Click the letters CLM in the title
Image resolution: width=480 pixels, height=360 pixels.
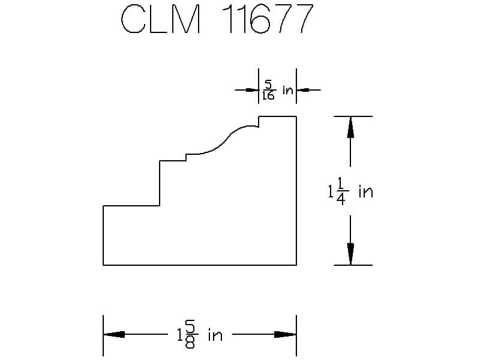coord(161,19)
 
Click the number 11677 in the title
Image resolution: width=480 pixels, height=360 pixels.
coord(266,19)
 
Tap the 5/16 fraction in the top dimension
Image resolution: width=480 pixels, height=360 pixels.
coord(269,90)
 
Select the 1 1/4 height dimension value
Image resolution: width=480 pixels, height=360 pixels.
coord(338,191)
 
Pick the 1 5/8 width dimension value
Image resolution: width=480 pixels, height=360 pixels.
coord(187,335)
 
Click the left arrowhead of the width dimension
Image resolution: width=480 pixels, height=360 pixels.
coord(114,334)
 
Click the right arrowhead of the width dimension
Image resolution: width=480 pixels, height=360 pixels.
coord(286,334)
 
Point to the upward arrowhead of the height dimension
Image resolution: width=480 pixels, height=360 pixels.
coord(350,127)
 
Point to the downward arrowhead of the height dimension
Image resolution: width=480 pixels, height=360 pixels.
coord(350,254)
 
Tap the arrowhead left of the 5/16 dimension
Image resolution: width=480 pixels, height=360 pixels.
coord(253,90)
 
